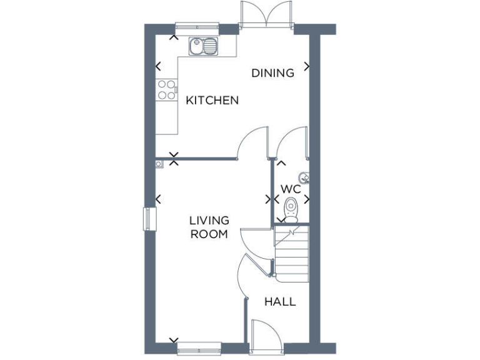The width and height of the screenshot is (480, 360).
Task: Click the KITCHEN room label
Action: [x=212, y=100]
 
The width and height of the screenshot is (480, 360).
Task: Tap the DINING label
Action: [x=272, y=73]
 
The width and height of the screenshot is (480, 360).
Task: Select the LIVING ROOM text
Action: [x=209, y=227]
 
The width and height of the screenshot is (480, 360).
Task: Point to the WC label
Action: [x=291, y=189]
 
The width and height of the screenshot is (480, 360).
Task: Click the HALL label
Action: [x=279, y=302]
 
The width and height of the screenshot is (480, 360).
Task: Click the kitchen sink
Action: [x=204, y=45]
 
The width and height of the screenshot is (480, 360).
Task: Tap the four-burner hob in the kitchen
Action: [x=166, y=90]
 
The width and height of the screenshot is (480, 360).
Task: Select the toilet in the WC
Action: [x=291, y=209]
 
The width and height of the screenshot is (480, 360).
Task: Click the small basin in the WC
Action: [x=304, y=176]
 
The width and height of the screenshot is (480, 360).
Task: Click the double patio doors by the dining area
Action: [x=266, y=14]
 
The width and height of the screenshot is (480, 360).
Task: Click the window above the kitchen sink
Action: [x=197, y=26]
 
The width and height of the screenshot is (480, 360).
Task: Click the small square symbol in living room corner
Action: [x=159, y=164]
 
